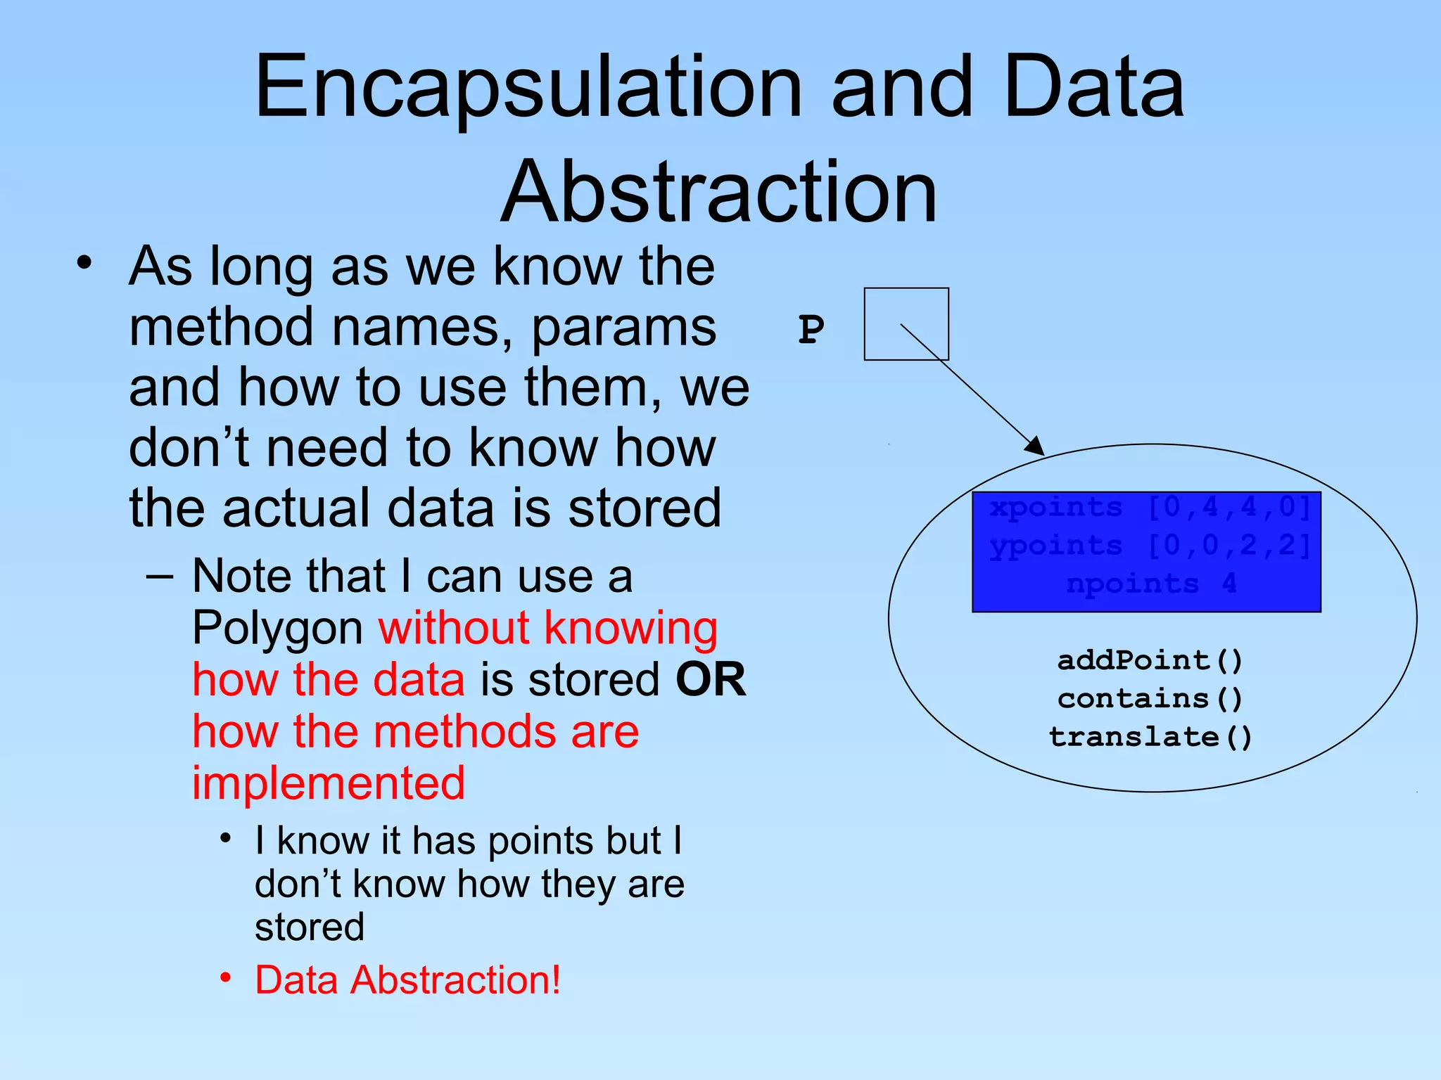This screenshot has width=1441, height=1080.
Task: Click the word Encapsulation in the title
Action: coord(528,88)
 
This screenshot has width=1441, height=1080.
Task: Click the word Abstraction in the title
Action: coord(719,191)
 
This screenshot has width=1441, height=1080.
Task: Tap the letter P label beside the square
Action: coord(811,329)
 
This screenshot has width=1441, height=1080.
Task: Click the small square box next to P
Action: coord(906,323)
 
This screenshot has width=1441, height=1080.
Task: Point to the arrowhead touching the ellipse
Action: coord(1035,446)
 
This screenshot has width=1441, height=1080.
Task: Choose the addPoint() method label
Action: coord(1150,660)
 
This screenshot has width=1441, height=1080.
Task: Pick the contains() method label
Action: coord(1150,699)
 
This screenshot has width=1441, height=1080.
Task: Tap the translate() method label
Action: coord(1150,737)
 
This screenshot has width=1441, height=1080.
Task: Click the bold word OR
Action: coord(710,679)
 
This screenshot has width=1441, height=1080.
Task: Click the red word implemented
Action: coord(329,783)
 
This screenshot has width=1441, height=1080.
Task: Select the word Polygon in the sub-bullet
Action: coord(277,628)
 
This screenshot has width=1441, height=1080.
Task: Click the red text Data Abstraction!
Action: coord(407,979)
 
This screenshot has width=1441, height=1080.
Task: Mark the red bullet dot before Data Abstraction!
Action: coord(225,978)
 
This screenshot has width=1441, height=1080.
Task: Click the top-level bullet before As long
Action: coord(84,264)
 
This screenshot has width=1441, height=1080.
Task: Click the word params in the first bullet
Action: coord(623,328)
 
